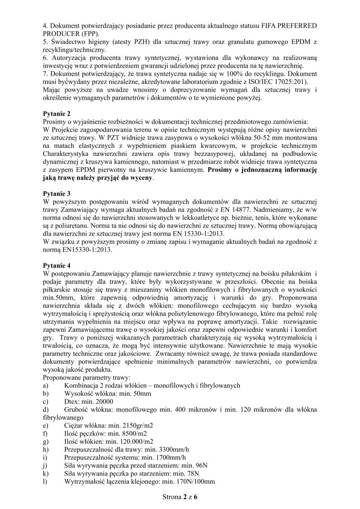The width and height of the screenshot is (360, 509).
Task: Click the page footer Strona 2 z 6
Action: coord(180,497)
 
